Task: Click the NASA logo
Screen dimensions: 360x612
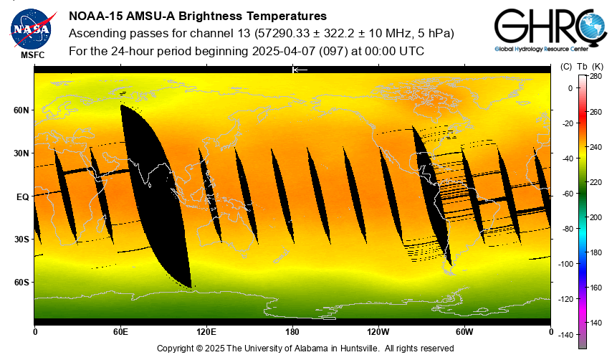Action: tap(31, 27)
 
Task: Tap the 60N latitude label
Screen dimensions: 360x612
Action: tap(21, 110)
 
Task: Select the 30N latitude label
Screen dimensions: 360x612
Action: tap(21, 153)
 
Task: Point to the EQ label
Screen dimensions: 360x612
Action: tap(23, 196)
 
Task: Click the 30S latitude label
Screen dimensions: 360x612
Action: tap(21, 240)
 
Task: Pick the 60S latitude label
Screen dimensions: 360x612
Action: tap(21, 283)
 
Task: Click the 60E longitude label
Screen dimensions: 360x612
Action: tap(120, 331)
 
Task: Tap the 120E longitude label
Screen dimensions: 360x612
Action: tap(206, 331)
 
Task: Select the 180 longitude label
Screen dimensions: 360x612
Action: tap(292, 331)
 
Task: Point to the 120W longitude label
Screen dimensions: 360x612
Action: tap(378, 331)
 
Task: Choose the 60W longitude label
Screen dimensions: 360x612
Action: tap(464, 331)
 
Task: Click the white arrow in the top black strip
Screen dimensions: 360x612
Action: tap(300, 70)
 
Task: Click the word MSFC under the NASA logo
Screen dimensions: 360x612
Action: tap(32, 55)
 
